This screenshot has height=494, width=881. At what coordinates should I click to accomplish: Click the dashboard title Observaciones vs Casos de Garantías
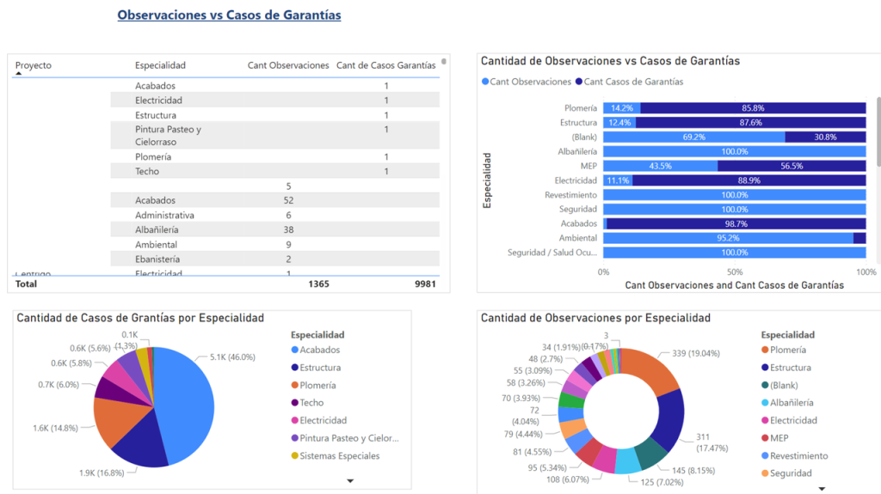(229, 15)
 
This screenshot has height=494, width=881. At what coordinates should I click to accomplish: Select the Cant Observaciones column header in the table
(287, 65)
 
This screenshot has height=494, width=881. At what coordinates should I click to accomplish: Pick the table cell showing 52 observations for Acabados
(288, 200)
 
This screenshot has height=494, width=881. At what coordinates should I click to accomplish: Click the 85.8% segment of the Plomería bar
(753, 108)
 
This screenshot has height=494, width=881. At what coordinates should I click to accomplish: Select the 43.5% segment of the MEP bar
(660, 166)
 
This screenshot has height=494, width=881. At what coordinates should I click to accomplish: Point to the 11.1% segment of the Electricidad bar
(617, 180)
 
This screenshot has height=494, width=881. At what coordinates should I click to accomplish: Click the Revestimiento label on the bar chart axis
(570, 195)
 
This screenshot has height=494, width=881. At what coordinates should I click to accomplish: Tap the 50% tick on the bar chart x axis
(735, 271)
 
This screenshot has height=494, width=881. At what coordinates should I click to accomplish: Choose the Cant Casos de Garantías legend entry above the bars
(633, 82)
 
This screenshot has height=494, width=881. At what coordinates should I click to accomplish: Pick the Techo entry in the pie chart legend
(311, 403)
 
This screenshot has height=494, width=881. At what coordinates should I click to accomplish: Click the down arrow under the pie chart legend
(350, 481)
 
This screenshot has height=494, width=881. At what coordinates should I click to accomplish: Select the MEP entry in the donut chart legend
(780, 438)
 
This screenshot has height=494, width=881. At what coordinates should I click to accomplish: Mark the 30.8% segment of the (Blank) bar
(825, 137)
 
